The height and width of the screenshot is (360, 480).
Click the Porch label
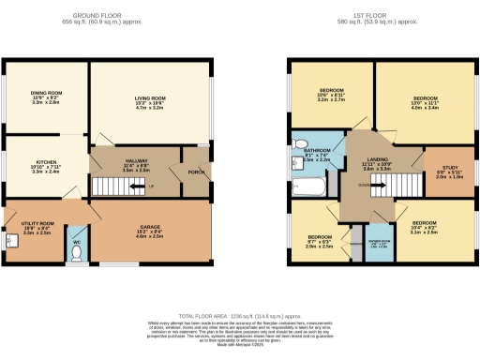point(195,172)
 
